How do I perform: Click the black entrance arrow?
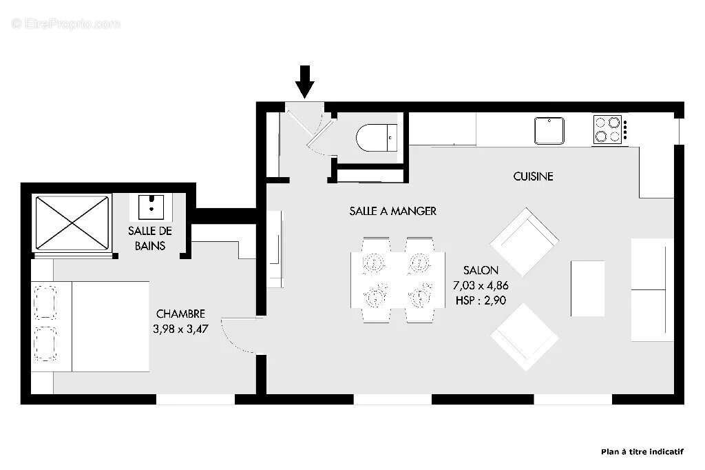point(304,81)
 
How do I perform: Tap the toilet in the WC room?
point(376,138)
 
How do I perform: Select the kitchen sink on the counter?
point(549,130)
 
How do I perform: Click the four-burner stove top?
point(609,129)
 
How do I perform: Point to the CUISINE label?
point(533,176)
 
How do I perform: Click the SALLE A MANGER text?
point(392,211)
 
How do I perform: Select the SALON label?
point(481,270)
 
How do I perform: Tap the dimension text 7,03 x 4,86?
point(481,285)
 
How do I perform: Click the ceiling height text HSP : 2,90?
point(481,300)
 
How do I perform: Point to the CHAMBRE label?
point(180,314)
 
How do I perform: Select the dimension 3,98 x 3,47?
point(180,329)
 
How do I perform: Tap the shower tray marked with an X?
point(72,223)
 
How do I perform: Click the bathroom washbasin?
point(150,205)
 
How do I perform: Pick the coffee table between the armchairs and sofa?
point(587,288)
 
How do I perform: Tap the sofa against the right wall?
point(651,289)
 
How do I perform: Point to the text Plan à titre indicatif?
point(642,452)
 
